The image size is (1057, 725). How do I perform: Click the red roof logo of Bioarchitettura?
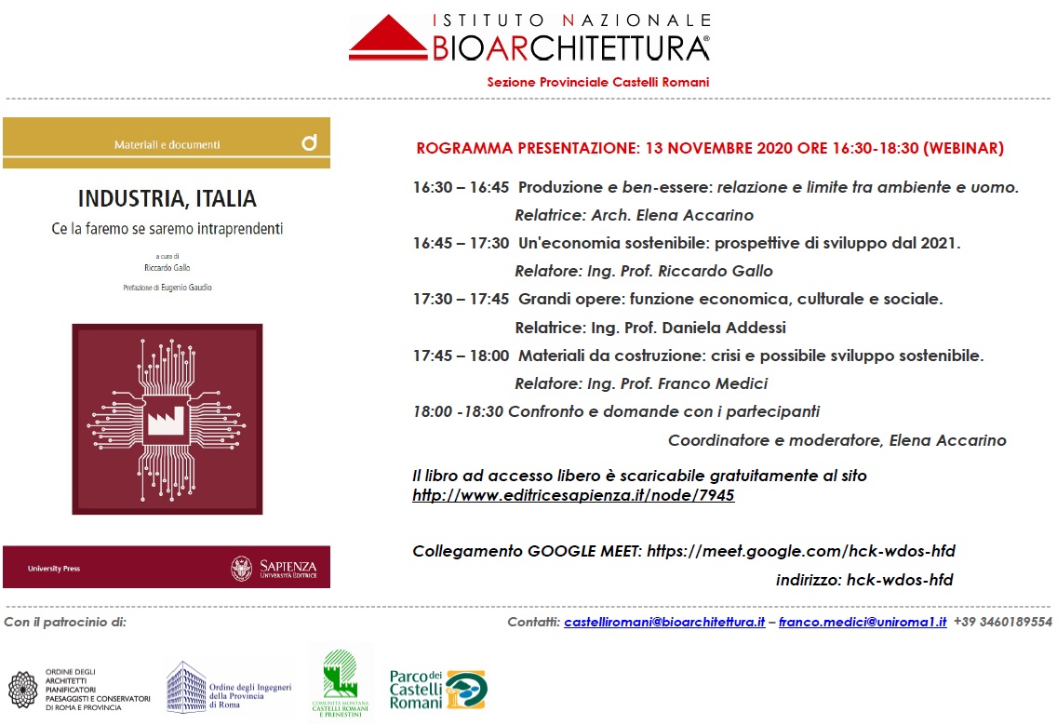point(390,38)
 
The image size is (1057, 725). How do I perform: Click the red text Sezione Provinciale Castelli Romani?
point(597,82)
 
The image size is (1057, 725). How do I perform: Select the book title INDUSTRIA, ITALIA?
point(167,199)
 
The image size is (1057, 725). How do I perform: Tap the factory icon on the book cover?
point(167,421)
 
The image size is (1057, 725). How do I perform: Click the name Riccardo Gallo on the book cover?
point(167,267)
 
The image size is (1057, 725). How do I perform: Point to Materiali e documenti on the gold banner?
point(167,144)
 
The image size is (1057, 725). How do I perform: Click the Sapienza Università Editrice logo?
point(274,568)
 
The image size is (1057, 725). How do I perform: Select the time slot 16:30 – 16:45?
point(461,188)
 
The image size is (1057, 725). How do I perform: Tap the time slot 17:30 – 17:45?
point(461,300)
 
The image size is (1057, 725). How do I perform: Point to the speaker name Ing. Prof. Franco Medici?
point(677,383)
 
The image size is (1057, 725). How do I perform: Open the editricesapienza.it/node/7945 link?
point(573,496)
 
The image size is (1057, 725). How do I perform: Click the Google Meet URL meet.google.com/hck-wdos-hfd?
point(800,551)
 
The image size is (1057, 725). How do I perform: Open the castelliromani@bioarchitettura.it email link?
point(664,622)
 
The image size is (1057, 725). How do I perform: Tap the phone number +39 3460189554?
point(1002,622)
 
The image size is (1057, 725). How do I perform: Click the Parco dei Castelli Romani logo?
point(437,689)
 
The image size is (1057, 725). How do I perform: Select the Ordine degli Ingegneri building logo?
point(186,687)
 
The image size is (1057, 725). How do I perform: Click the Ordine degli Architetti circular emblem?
point(23,690)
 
